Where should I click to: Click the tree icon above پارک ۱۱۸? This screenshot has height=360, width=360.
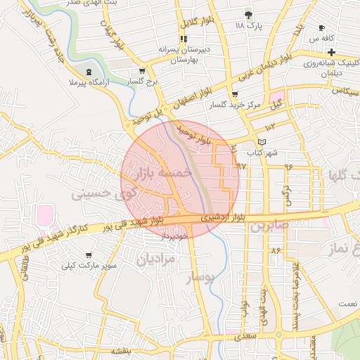tap(247, 14)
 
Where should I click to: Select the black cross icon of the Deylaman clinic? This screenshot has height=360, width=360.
tap(330, 53)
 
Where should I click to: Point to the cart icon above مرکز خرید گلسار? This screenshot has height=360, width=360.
tap(234, 94)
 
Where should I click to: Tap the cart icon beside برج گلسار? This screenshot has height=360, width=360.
tap(142, 70)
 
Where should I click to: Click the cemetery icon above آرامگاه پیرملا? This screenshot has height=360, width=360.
tap(89, 72)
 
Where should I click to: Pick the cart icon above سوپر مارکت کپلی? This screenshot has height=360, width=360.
tap(88, 255)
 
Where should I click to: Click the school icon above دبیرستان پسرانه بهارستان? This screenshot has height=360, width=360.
tap(183, 39)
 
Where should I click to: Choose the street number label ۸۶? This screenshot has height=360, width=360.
tap(275, 250)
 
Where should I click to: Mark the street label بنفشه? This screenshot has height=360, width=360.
tap(138, 350)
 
